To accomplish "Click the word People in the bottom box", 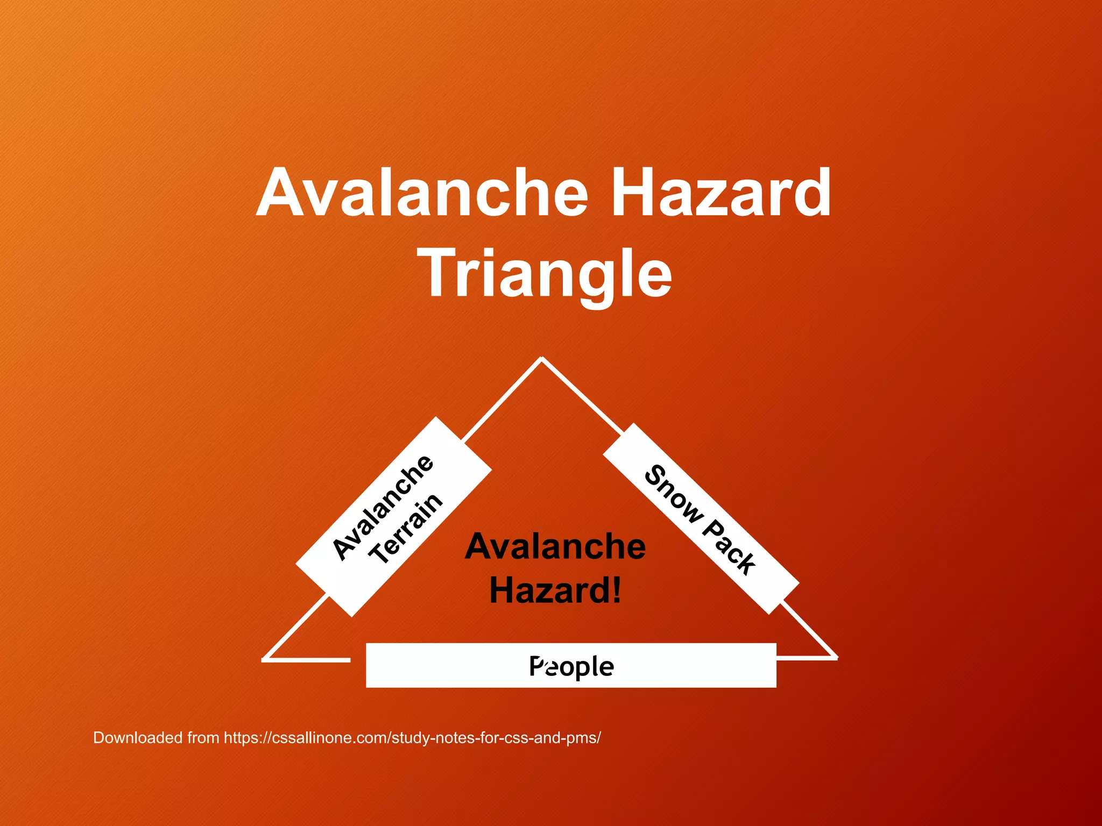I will pyautogui.click(x=571, y=666).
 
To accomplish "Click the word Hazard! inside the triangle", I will pyautogui.click(x=555, y=590).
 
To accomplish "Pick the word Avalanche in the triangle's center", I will pyautogui.click(x=555, y=546).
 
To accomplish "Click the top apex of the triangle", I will pyautogui.click(x=541, y=358).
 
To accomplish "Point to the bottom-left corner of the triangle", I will pyautogui.click(x=264, y=659).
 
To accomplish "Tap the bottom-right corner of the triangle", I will pyautogui.click(x=836, y=657).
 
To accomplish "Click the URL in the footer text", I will pyautogui.click(x=412, y=737).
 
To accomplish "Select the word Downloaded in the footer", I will pyautogui.click(x=138, y=737).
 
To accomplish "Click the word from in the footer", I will pyautogui.click(x=203, y=737).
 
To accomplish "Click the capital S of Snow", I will pyautogui.click(x=655, y=476).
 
